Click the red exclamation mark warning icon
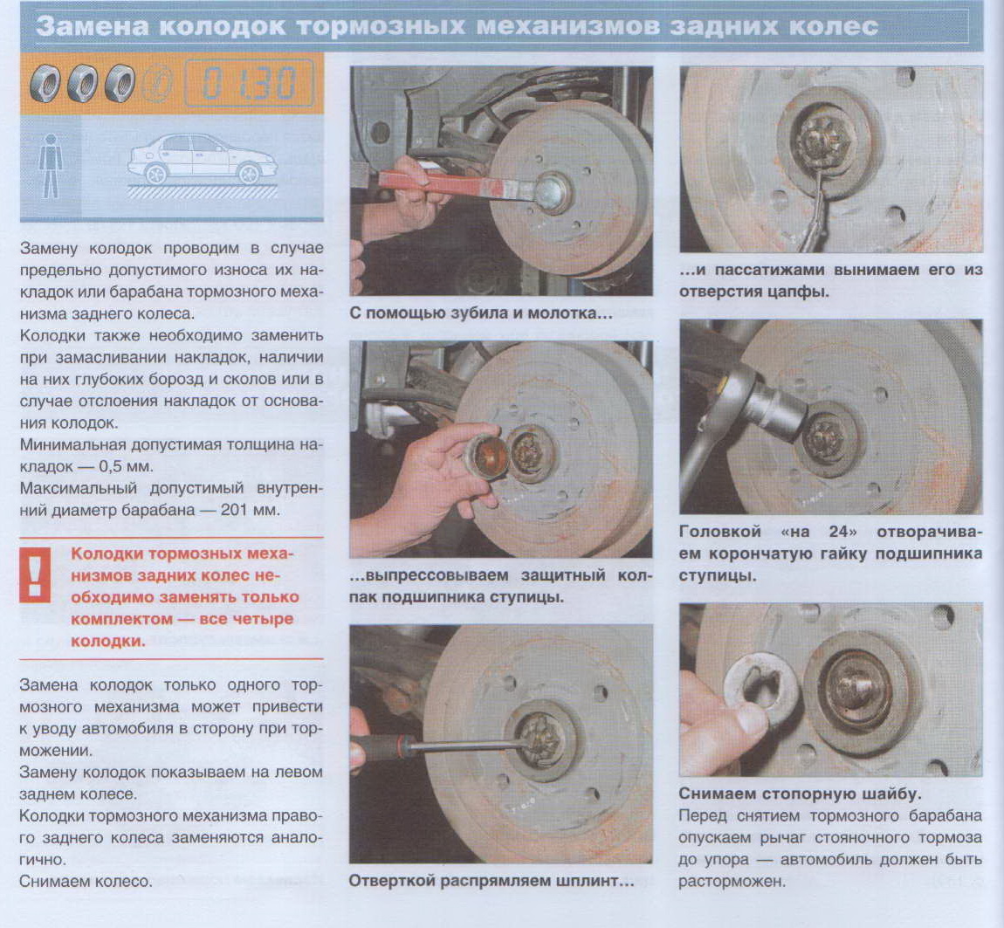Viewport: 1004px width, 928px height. [35, 574]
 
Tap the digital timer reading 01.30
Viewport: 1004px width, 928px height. [249, 83]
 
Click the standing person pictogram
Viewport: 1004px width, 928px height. [50, 166]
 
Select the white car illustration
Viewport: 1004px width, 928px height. [203, 158]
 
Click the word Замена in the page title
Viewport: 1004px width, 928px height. [92, 27]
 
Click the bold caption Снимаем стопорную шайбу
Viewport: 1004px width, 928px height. [800, 794]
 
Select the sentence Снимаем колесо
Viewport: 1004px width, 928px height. [86, 881]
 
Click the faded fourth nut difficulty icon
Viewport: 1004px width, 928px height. [157, 83]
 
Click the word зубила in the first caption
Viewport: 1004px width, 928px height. [460, 313]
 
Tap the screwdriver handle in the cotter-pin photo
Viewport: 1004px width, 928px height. [378, 746]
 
